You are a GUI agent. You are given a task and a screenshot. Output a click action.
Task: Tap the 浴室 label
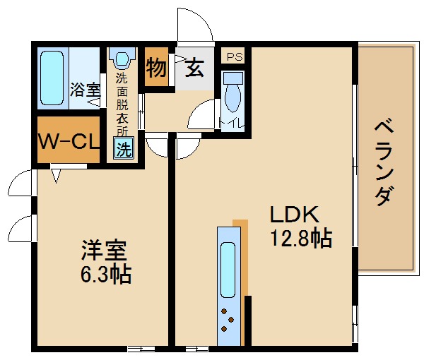[85, 90]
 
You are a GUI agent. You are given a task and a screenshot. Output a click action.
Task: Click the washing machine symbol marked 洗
[124, 149]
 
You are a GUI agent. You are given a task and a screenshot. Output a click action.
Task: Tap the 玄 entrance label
[195, 68]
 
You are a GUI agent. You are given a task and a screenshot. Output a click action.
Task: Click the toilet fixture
[232, 92]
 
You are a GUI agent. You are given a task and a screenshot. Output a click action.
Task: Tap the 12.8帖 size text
[300, 239]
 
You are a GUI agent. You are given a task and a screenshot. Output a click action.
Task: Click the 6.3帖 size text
[105, 275]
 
